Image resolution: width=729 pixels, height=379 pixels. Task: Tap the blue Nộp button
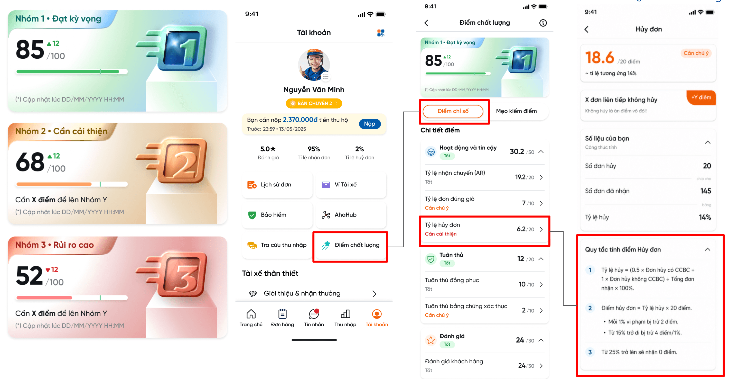369,124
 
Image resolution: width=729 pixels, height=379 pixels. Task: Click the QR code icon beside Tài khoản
381,33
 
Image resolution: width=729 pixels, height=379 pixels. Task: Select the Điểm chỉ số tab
453,111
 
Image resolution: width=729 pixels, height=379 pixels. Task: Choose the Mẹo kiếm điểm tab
516,111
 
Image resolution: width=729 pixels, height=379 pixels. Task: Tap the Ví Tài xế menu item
351,185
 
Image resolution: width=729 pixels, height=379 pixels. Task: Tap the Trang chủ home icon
251,314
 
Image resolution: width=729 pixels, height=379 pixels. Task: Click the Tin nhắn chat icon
314,314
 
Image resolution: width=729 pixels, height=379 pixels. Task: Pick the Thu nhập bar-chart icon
345,314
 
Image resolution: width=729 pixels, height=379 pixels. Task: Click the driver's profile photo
314,65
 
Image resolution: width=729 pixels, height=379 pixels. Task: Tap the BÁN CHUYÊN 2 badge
314,103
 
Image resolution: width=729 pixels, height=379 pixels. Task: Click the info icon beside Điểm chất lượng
543,23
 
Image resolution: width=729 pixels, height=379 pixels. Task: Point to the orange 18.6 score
599,58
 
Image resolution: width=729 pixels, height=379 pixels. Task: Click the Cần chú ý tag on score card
696,53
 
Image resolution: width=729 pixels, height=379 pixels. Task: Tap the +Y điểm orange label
701,97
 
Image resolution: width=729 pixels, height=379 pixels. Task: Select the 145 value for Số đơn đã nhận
706,191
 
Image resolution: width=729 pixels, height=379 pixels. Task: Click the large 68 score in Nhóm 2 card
30,162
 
